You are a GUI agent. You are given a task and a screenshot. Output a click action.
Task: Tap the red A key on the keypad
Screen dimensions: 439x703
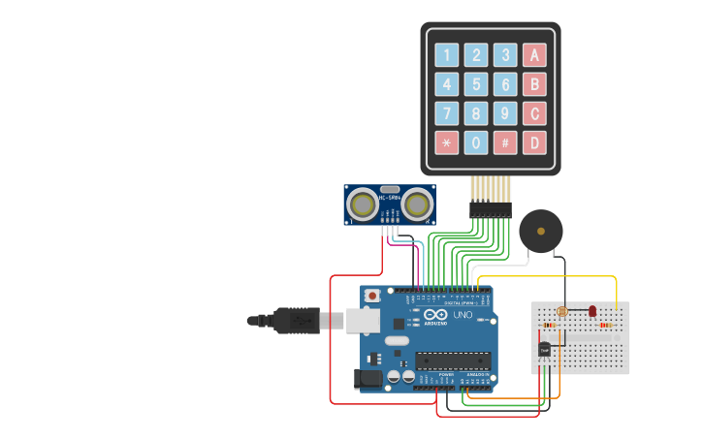pyautogui.click(x=533, y=55)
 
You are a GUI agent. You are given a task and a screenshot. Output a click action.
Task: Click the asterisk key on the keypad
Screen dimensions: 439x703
pyautogui.click(x=446, y=142)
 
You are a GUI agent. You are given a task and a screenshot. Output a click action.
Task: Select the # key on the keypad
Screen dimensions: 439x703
pyautogui.click(x=504, y=142)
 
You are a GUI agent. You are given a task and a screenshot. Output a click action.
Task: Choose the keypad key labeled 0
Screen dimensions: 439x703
pyautogui.click(x=475, y=142)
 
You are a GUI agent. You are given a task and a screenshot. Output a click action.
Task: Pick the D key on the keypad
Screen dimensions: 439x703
pyautogui.click(x=533, y=142)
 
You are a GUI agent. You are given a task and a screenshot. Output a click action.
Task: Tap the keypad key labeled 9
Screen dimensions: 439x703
pyautogui.click(x=504, y=113)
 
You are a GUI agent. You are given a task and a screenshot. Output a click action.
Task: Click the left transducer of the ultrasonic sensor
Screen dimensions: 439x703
pyautogui.click(x=364, y=204)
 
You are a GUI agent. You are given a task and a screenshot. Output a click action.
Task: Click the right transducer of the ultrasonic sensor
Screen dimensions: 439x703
pyautogui.click(x=418, y=204)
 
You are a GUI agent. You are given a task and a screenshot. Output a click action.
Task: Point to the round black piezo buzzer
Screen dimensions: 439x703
pyautogui.click(x=540, y=231)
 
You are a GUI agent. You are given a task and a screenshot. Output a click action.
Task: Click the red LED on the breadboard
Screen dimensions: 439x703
pyautogui.click(x=592, y=311)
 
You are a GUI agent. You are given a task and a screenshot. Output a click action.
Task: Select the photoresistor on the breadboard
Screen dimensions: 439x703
pyautogui.click(x=561, y=312)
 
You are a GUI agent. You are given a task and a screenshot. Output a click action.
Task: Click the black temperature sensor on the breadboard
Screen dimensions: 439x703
pyautogui.click(x=545, y=348)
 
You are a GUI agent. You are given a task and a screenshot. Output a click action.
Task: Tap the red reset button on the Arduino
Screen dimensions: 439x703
pyautogui.click(x=371, y=296)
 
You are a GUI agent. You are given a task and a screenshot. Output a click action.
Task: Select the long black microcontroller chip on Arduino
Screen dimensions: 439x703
pyautogui.click(x=453, y=361)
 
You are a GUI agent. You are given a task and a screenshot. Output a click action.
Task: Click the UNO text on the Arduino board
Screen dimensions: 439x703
pyautogui.click(x=463, y=314)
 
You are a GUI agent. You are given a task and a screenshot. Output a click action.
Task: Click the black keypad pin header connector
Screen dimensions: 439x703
pyautogui.click(x=491, y=208)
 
